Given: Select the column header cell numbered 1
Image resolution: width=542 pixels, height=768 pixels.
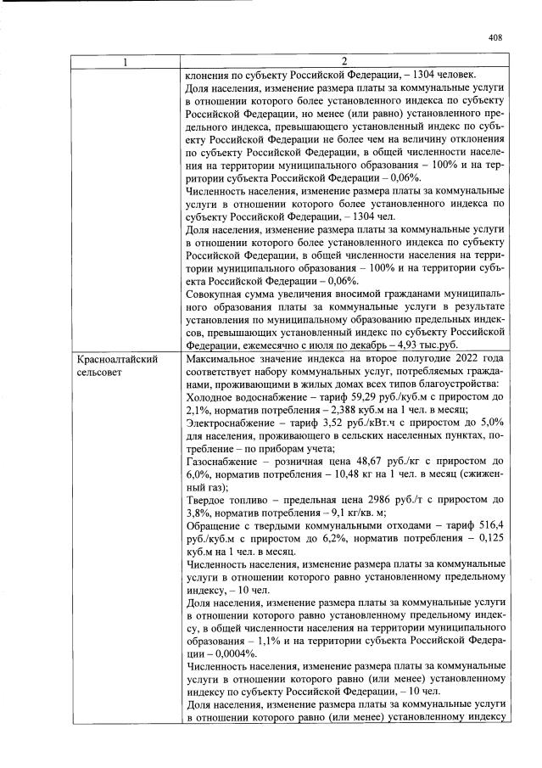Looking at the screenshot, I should pos(126,62).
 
